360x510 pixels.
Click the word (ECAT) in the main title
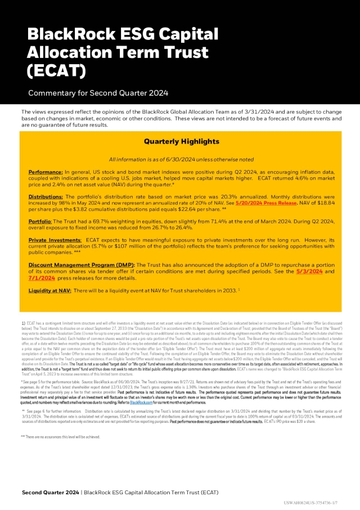point(57,71)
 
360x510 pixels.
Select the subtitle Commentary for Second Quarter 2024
point(97,93)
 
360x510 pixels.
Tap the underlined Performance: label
point(46,171)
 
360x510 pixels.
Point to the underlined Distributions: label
point(48,197)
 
